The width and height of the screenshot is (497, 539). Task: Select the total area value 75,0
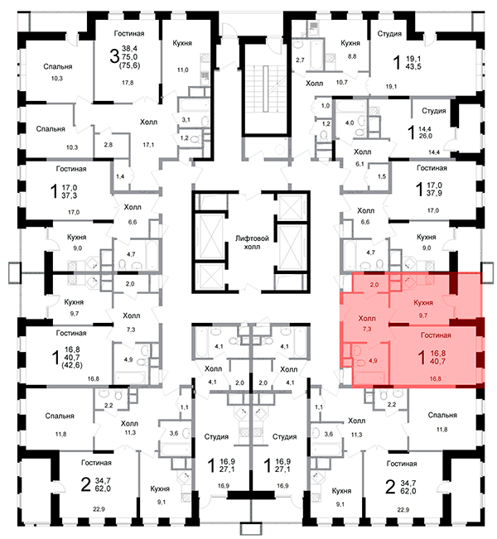131,58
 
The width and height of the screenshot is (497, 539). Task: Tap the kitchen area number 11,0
184,71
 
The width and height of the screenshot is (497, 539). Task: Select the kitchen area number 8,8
352,56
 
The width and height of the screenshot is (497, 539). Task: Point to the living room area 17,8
128,83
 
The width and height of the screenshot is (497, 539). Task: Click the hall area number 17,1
150,144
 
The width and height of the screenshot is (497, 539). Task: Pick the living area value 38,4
131,49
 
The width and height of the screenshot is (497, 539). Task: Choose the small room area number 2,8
109,145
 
